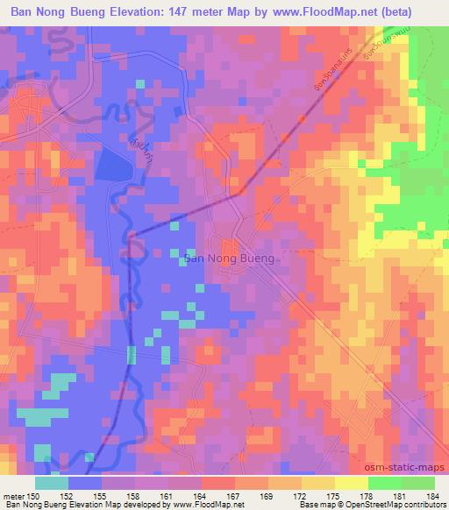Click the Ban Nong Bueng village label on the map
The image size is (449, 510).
(x=231, y=259)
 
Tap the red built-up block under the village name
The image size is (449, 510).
(x=230, y=247)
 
